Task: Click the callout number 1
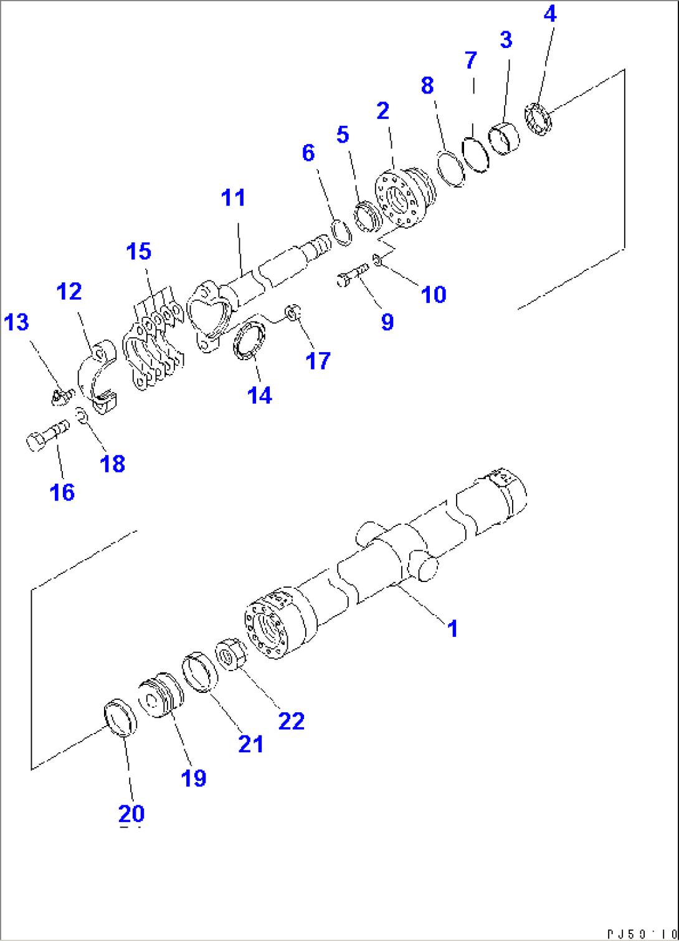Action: click(453, 628)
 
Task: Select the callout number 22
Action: click(291, 721)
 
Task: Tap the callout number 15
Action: click(138, 252)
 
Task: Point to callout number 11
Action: click(234, 198)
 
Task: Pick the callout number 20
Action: click(131, 813)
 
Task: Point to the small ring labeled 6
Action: click(340, 231)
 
